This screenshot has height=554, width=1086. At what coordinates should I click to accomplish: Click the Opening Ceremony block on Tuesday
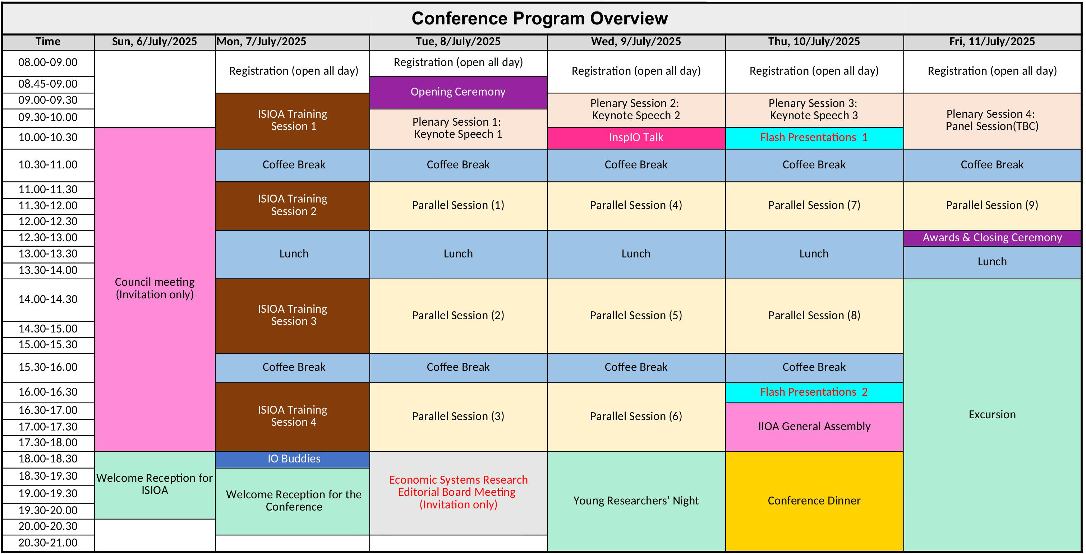458,92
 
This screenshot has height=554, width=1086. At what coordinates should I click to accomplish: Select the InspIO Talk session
636,138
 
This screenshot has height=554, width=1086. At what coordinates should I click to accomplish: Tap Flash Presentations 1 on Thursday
814,138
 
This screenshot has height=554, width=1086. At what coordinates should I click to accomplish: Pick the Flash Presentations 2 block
814,392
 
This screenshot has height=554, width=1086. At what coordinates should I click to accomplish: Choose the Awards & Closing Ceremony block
993,238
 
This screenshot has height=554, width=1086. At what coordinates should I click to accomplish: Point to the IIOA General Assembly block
814,427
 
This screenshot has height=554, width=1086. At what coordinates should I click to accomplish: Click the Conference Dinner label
814,501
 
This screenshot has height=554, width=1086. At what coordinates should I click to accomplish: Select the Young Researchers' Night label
636,501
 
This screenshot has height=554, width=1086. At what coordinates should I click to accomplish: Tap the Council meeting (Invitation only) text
155,288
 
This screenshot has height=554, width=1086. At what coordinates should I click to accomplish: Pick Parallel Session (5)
636,316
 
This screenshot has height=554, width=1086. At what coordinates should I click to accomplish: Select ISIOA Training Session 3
293,315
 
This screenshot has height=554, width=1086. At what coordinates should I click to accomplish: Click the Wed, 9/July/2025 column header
636,42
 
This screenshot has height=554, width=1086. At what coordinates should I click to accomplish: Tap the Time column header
48,42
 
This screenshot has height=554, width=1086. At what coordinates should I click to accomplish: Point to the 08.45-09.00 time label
48,84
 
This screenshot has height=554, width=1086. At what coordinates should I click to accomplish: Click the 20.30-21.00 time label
48,543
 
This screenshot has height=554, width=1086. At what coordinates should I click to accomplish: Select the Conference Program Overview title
540,19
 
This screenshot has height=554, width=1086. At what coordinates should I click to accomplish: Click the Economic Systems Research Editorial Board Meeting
458,492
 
